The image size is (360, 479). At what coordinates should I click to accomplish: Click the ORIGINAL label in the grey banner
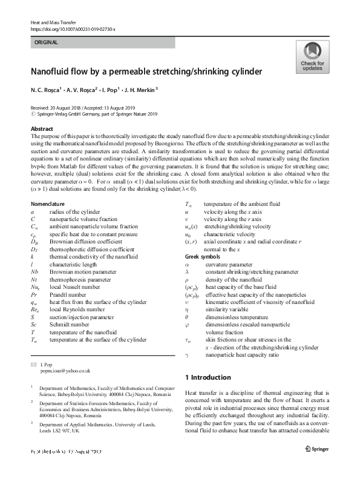coord(47,42)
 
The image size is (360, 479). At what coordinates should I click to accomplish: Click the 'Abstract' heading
coord(42,130)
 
